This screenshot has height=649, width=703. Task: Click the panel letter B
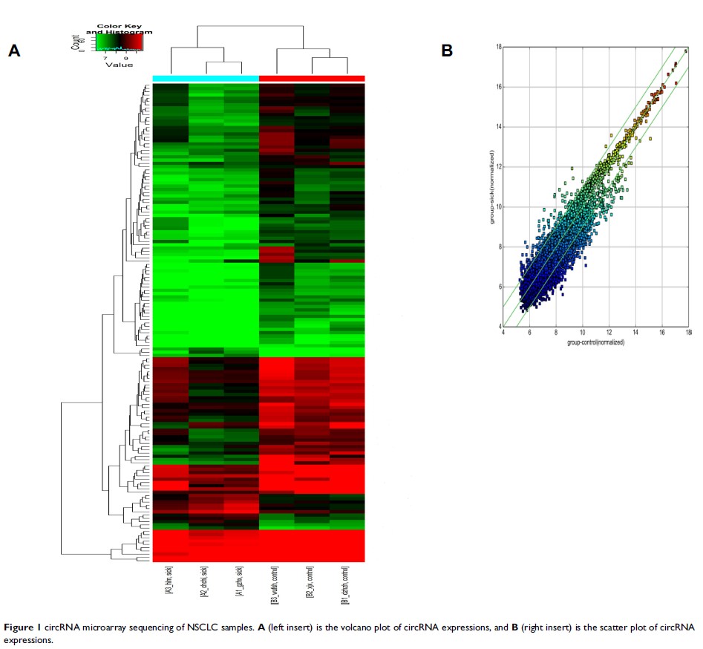point(447,50)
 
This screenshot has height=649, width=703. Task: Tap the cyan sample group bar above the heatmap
point(206,79)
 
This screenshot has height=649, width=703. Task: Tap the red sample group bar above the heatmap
point(312,79)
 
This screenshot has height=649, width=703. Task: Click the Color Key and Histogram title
point(119,30)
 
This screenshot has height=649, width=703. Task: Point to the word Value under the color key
point(119,65)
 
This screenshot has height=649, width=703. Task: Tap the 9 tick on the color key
point(126,57)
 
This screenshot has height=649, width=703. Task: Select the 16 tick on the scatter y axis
point(499,87)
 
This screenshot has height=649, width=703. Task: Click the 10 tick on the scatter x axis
point(582,333)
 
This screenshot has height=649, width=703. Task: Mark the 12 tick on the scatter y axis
point(499,167)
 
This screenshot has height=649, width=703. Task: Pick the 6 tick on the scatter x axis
point(529,333)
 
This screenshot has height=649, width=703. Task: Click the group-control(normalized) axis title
point(595,342)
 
